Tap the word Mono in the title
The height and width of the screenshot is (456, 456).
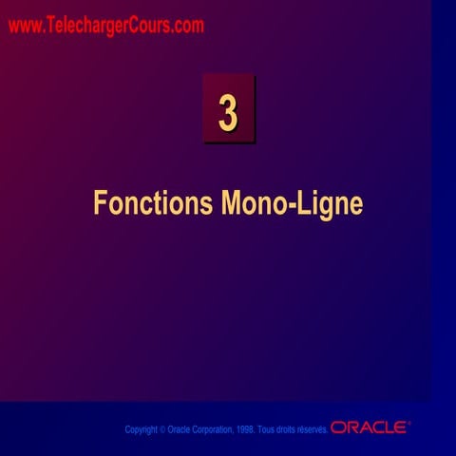click(x=252, y=203)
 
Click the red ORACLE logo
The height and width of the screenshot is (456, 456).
click(x=369, y=427)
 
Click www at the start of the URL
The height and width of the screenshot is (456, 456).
click(x=24, y=27)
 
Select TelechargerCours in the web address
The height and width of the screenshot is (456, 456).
click(x=107, y=27)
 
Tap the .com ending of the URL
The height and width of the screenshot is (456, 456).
click(x=188, y=27)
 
